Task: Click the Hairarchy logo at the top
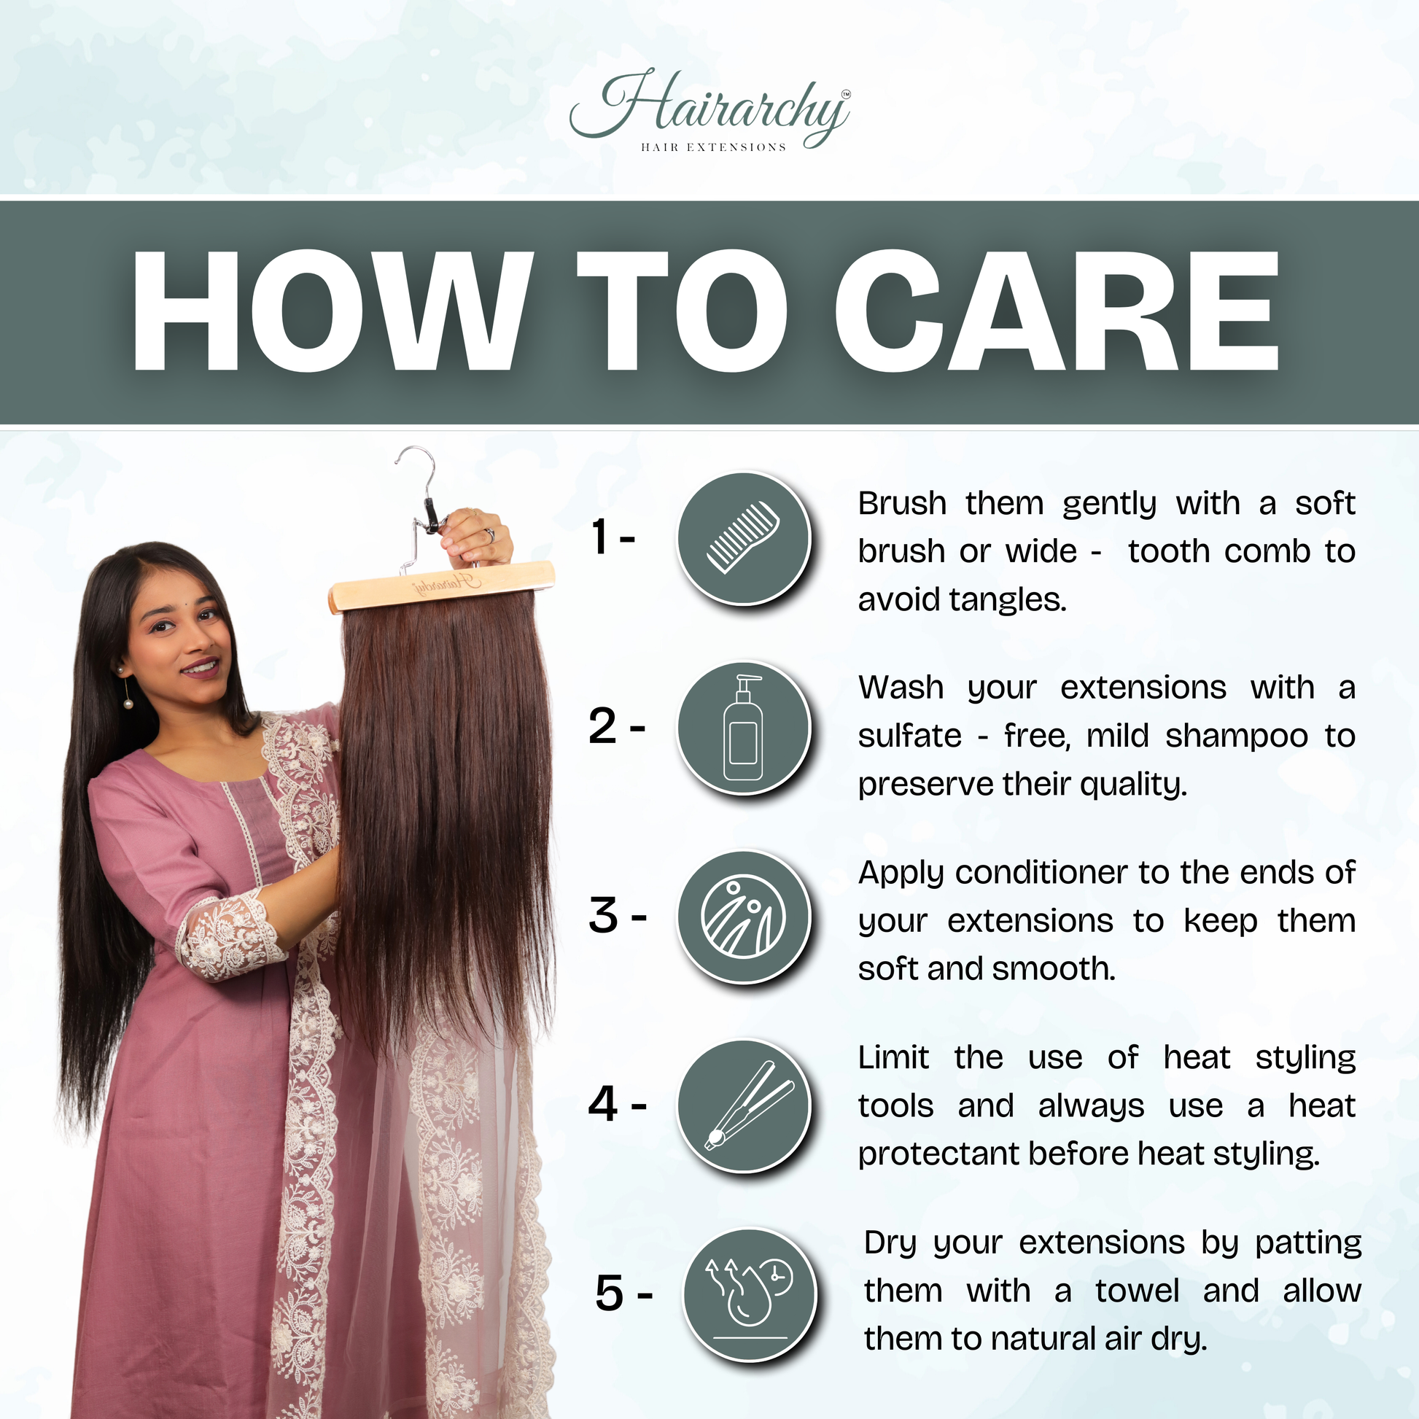pyautogui.click(x=710, y=110)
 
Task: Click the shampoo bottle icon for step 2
pyautogui.click(x=743, y=727)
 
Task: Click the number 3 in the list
pyautogui.click(x=604, y=917)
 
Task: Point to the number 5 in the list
pyautogui.click(x=610, y=1294)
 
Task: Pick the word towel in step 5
pyautogui.click(x=1137, y=1291)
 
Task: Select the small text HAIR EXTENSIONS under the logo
pyautogui.click(x=713, y=147)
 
